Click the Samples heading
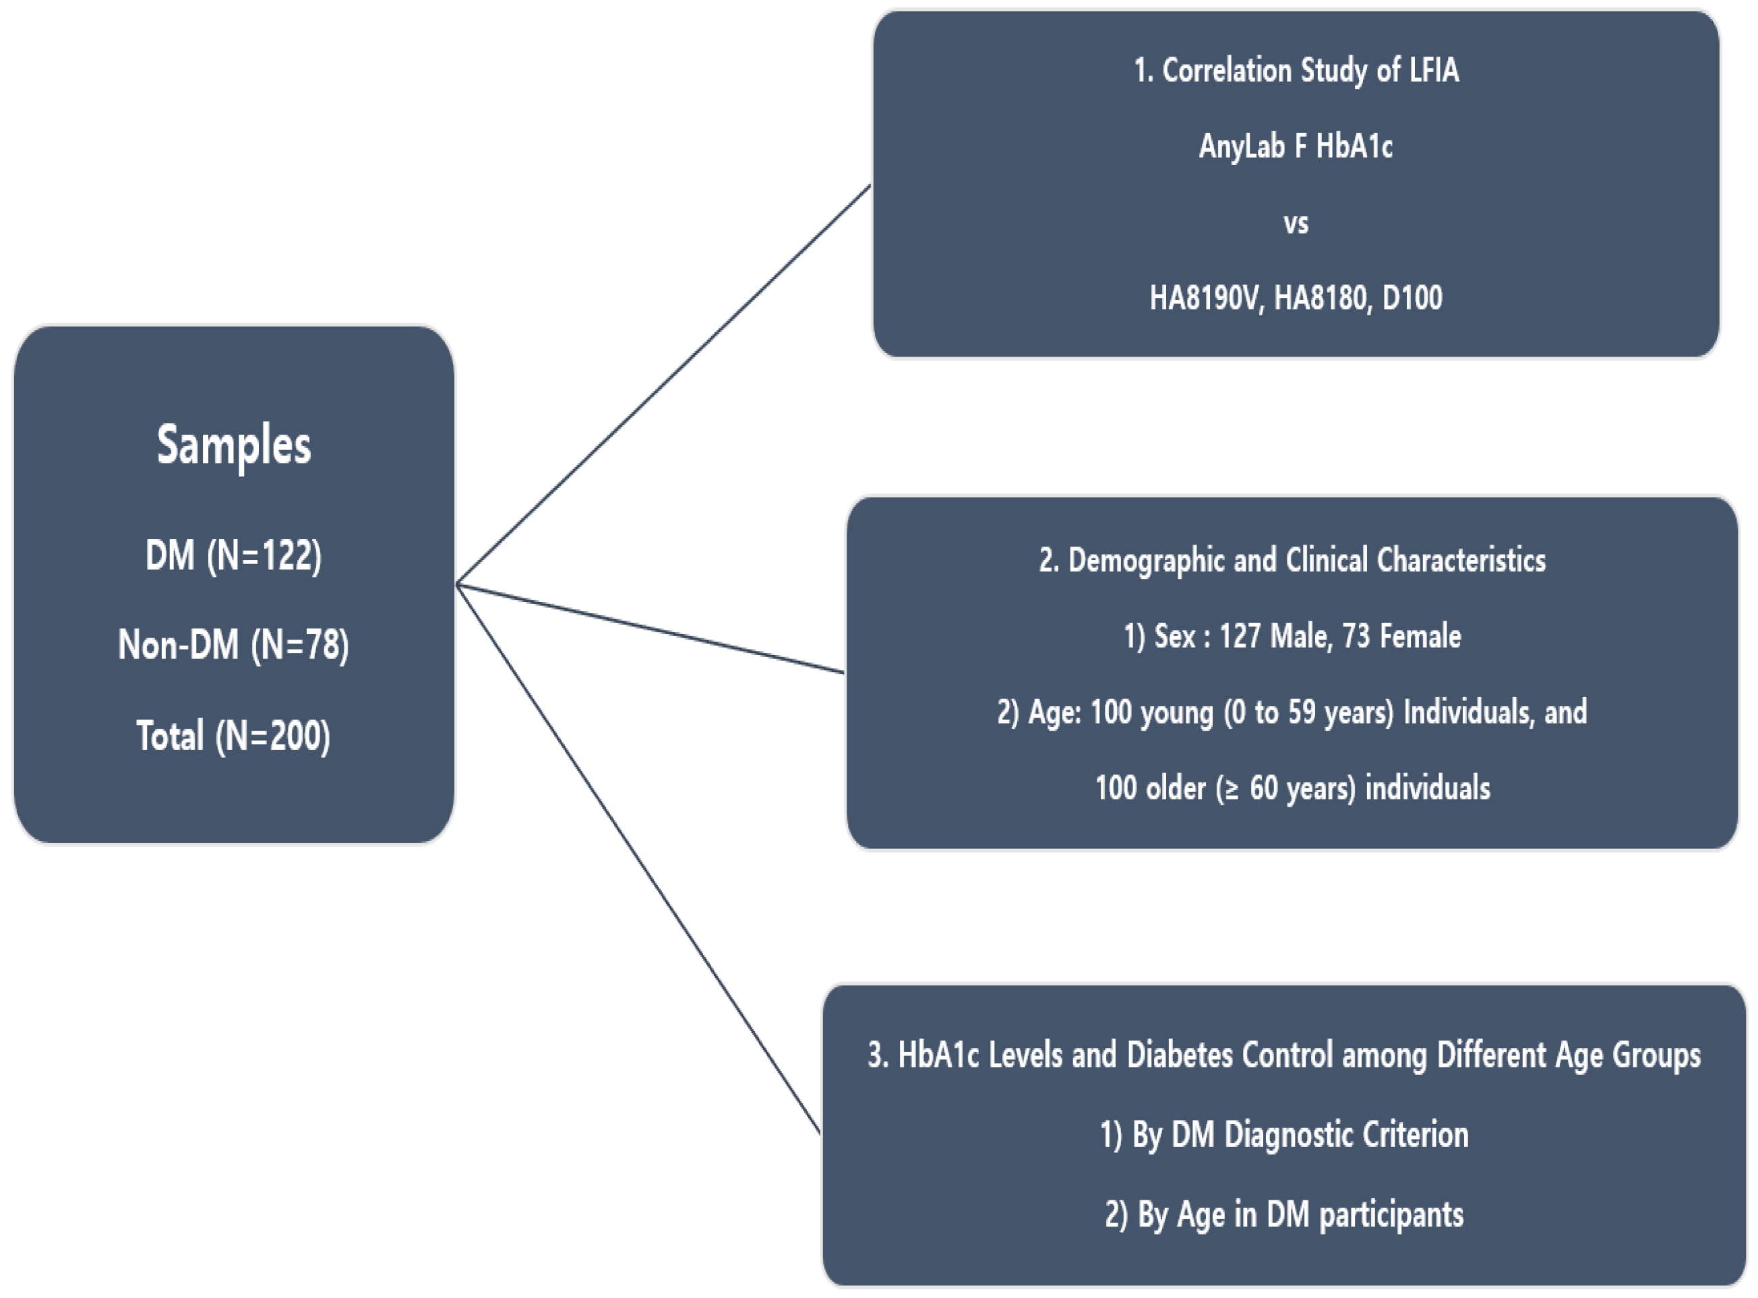click(x=233, y=445)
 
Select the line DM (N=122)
click(x=233, y=555)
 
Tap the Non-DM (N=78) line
click(x=233, y=645)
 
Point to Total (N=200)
click(x=233, y=736)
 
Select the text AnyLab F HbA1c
click(x=1295, y=146)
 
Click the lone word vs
click(x=1296, y=224)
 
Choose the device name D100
click(x=1412, y=299)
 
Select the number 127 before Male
click(x=1240, y=636)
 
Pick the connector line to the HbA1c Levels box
click(x=638, y=858)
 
